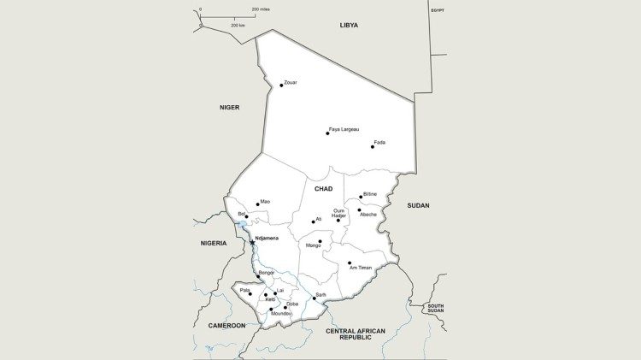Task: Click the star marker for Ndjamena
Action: [x=252, y=243]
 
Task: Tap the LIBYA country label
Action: [x=349, y=26]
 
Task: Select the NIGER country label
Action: [x=229, y=108]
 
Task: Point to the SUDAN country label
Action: [x=418, y=205]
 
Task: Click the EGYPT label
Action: [x=438, y=9]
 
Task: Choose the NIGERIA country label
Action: [x=214, y=243]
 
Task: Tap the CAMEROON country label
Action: [x=226, y=326]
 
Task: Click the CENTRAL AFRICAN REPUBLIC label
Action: [x=356, y=334]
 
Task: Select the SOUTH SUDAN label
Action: [x=436, y=309]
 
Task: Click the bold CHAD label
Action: [x=323, y=189]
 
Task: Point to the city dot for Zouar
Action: [x=281, y=86]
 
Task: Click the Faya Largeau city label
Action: [x=344, y=129]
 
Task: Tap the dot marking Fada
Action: [x=373, y=147]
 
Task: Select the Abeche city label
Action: [x=368, y=215]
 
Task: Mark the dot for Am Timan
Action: [x=350, y=263]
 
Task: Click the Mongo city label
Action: [x=314, y=246]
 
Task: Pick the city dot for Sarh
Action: [x=314, y=298]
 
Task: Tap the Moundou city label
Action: [x=281, y=314]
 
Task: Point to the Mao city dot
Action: [x=257, y=204]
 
